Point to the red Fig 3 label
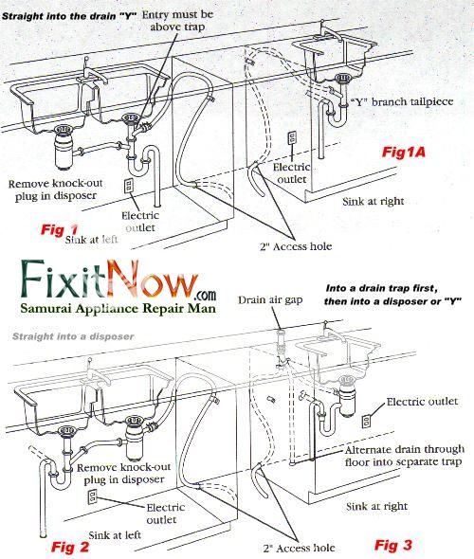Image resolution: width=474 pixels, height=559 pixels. (x=393, y=544)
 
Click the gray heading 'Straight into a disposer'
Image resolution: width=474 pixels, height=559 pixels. (x=74, y=336)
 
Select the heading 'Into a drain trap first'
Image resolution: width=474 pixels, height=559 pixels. (x=392, y=293)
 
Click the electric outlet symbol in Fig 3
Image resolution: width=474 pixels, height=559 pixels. (x=367, y=420)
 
